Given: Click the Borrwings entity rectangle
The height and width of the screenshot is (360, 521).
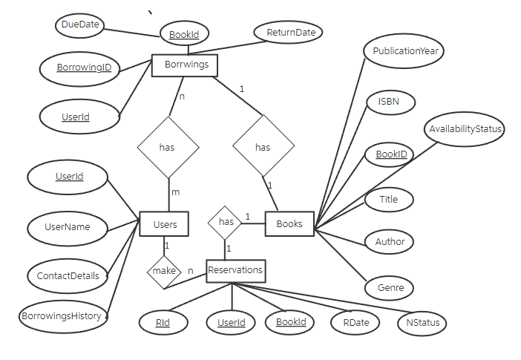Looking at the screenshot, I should [185, 65].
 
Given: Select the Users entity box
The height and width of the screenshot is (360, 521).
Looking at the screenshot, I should [164, 223].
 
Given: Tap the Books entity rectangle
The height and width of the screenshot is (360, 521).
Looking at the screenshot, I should [289, 223].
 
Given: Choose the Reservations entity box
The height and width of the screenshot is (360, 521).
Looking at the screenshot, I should [235, 270].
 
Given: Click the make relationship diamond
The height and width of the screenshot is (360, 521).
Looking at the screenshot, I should [164, 271].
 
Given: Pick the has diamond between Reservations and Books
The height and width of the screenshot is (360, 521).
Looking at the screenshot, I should [226, 222].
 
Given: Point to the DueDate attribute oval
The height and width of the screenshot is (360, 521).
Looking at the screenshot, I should [78, 25].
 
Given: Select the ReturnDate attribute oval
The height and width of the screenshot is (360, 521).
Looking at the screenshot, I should [289, 32].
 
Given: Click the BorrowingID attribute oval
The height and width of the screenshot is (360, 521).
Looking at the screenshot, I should [85, 68].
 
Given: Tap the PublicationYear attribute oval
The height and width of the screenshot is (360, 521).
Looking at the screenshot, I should [403, 52].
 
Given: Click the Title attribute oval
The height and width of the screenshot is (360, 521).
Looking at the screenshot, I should [389, 200].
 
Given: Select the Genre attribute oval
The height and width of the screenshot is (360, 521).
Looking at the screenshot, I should [389, 287].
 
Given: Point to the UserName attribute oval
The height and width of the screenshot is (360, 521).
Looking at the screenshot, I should [68, 227].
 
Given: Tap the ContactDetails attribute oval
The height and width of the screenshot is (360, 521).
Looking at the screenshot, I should [68, 275].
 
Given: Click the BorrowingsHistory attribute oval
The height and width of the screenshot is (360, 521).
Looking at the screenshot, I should [62, 316].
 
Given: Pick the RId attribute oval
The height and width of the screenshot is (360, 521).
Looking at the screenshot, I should [163, 322].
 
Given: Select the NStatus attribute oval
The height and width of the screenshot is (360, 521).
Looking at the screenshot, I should [422, 323].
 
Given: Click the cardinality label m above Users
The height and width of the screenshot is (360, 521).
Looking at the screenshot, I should [176, 192].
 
